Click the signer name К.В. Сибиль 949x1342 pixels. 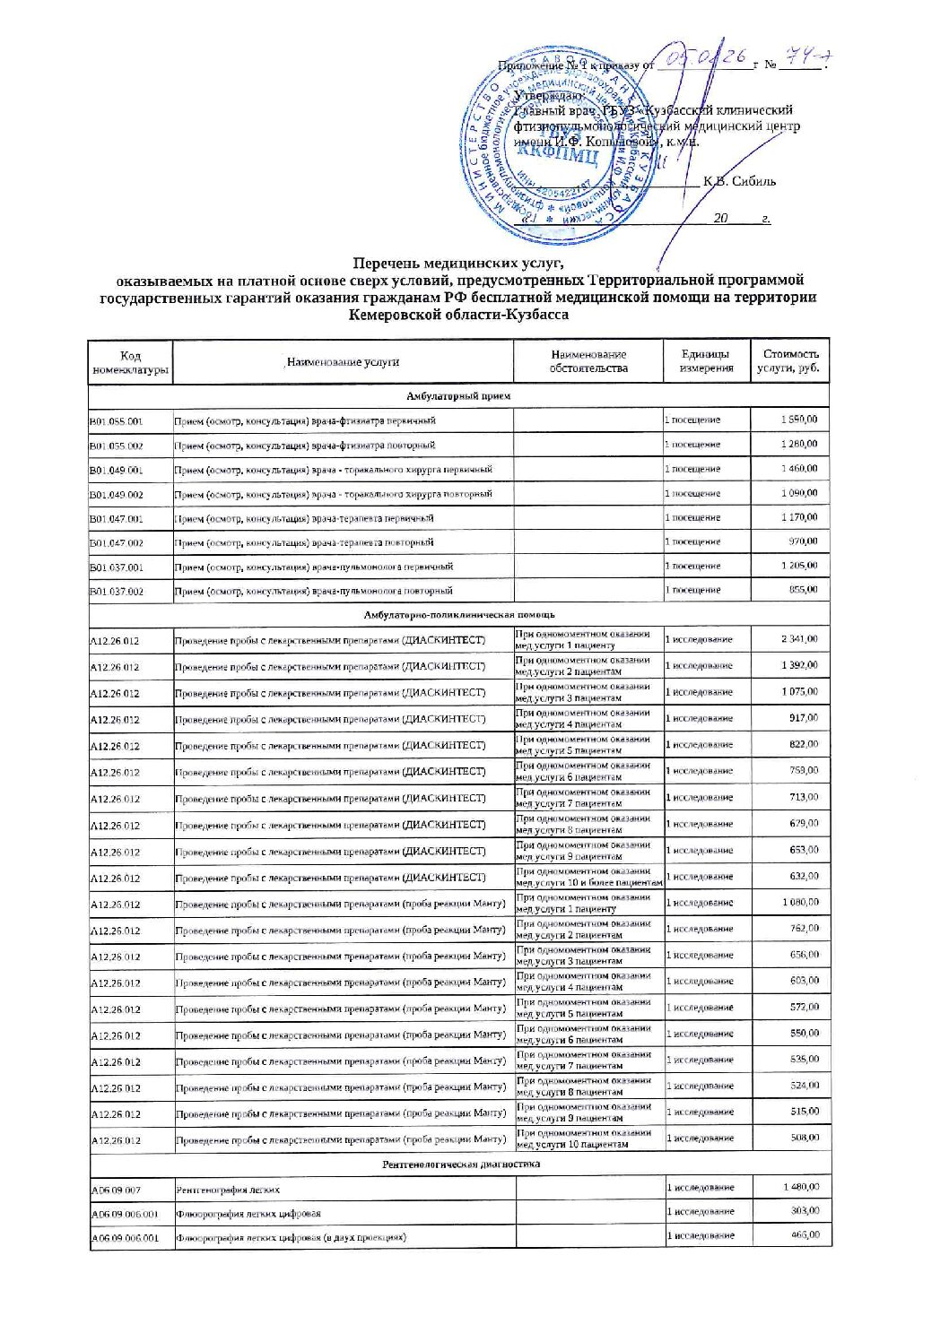(x=740, y=181)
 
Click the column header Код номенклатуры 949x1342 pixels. (x=130, y=363)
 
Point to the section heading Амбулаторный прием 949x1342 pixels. (x=458, y=395)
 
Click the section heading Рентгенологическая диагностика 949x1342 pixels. (x=460, y=1164)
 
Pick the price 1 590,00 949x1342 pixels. (x=798, y=420)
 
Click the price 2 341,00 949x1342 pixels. (x=798, y=639)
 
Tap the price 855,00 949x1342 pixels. (x=803, y=590)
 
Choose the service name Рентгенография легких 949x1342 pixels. (x=228, y=1190)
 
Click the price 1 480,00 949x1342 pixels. (x=800, y=1187)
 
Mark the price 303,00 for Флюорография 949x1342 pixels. (x=805, y=1211)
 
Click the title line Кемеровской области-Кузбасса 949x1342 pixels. (x=458, y=315)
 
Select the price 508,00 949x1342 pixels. (x=805, y=1138)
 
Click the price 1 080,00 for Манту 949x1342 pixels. (x=800, y=903)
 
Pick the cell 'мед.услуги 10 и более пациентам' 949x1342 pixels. (x=589, y=883)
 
